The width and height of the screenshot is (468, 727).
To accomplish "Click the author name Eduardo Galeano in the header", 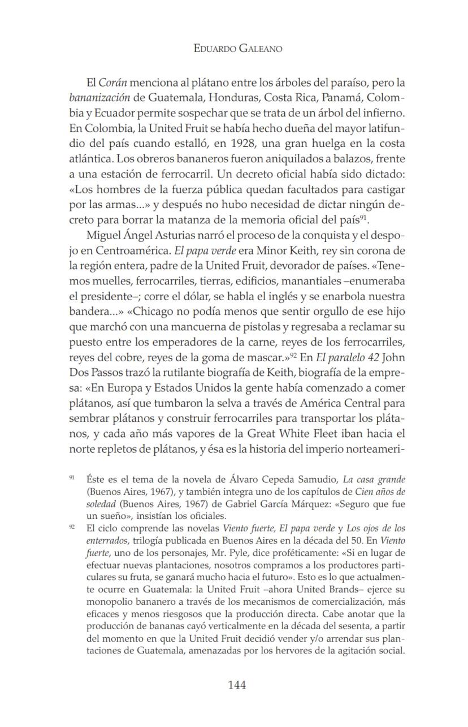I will pos(237,49).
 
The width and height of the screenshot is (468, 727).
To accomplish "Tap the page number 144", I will pos(237,685).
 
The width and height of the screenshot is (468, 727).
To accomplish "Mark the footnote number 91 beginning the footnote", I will pos(72,478).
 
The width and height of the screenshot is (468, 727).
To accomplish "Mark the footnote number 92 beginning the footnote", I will pos(72,526).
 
